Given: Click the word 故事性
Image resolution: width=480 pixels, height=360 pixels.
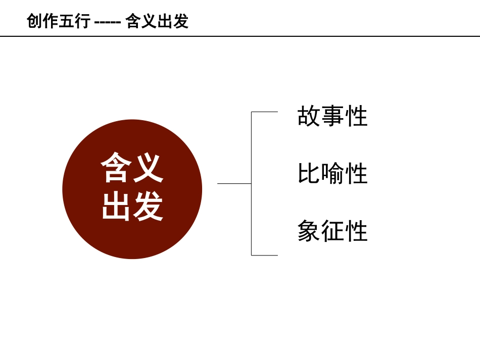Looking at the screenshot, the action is click(332, 117).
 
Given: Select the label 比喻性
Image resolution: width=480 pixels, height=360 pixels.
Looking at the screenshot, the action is click(332, 174).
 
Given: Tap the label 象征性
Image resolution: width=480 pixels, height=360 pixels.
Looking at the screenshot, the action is click(332, 232).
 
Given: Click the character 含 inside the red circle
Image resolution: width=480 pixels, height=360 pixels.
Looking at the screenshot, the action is click(116, 168).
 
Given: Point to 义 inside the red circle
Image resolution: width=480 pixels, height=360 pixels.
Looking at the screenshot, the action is click(148, 168).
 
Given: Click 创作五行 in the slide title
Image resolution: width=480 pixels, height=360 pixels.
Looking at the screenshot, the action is click(59, 21).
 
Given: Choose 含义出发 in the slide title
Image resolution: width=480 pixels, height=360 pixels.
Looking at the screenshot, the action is click(157, 21).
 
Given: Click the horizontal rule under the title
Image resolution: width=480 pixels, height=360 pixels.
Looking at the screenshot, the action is click(240, 36).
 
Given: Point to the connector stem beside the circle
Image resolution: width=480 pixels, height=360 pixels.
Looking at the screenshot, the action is click(234, 183).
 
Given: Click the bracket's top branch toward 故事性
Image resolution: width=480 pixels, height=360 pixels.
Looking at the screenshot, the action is click(264, 112).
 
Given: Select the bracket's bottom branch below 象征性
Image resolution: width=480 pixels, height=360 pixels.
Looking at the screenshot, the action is click(264, 255).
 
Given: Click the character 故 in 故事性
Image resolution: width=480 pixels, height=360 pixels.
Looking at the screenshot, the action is click(309, 117).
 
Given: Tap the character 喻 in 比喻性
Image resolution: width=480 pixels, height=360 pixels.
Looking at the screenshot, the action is click(332, 174).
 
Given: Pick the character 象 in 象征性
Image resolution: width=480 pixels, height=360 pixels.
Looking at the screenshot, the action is click(309, 232).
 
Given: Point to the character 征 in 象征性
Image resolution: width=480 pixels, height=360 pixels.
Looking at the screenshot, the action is click(332, 232).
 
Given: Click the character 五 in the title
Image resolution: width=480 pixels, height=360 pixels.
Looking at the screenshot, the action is click(67, 21).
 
